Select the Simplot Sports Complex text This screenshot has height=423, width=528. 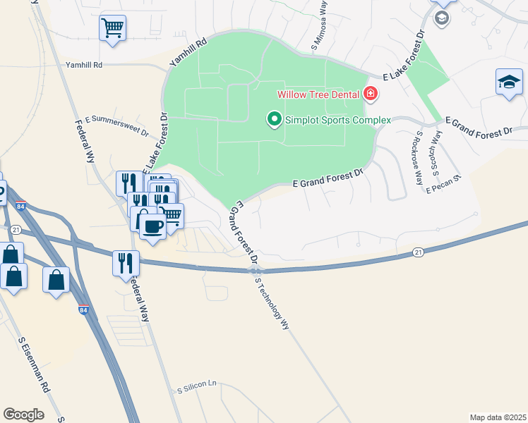click(337, 120)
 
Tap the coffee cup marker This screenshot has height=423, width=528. click(152, 226)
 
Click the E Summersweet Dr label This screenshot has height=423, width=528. click(116, 125)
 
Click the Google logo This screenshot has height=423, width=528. click(23, 415)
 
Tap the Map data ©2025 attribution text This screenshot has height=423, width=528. click(498, 417)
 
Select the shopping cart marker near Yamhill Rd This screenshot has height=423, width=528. click(112, 29)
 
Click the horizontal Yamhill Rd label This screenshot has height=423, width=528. click(84, 65)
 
